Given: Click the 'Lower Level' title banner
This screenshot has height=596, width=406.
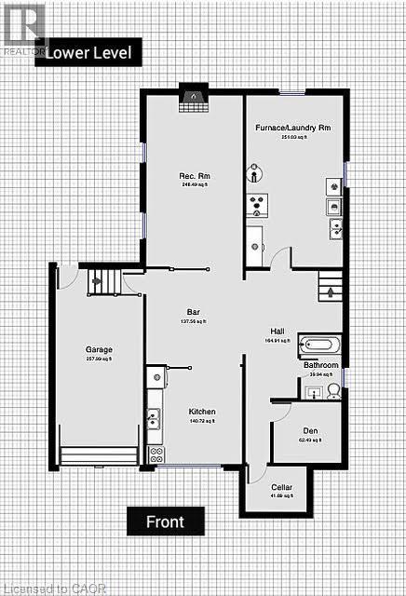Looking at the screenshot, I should (x=94, y=52).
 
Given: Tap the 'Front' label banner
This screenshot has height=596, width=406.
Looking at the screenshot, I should (x=165, y=521).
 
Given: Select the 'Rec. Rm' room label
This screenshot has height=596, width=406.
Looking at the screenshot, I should (x=192, y=176).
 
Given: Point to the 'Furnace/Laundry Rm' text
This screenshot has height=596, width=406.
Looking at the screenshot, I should (x=292, y=127).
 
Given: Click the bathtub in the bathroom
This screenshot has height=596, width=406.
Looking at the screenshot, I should (x=319, y=344).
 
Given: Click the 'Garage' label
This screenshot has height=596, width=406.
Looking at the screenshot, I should (x=99, y=351).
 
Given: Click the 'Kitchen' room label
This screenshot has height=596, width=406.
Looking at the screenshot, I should (x=202, y=412).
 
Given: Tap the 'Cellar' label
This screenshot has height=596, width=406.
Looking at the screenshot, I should (x=281, y=487).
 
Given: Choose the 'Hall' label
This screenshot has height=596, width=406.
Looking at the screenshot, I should (x=277, y=332).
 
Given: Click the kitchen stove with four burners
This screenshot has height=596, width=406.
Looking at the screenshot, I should (x=156, y=454).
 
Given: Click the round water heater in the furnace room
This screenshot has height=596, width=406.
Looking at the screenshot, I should (x=255, y=173).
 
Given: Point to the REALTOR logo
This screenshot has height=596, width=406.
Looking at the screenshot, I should (x=23, y=26).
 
